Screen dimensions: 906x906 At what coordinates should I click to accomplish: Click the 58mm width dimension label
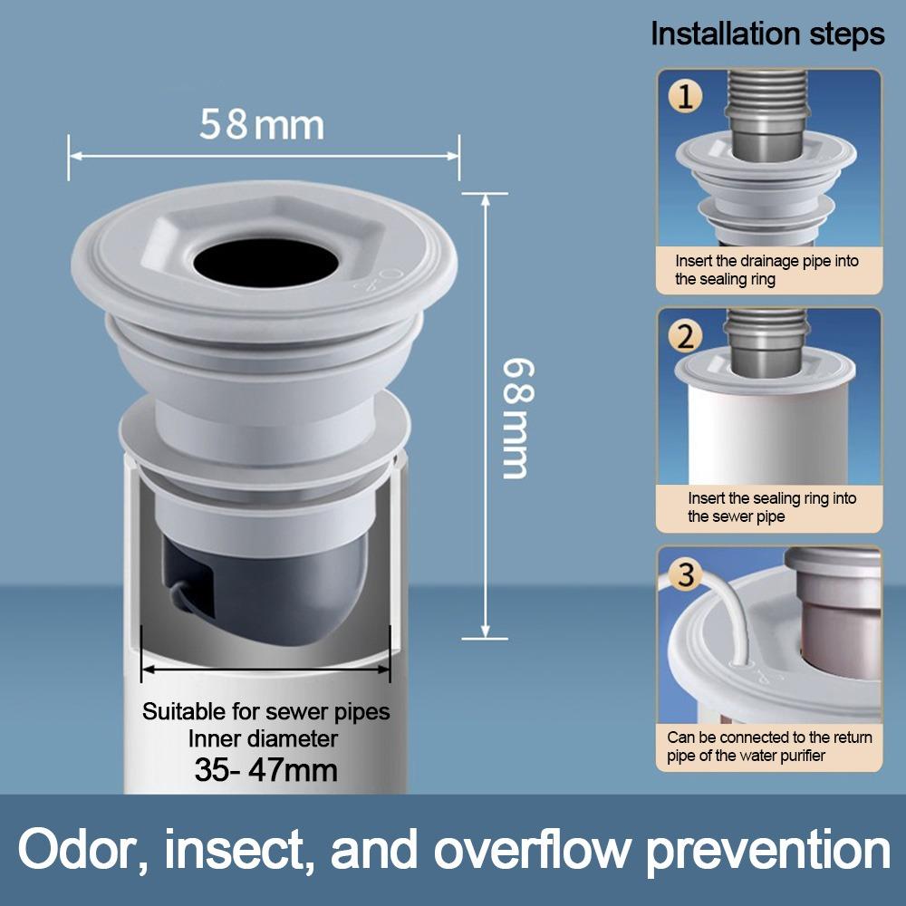point(262,125)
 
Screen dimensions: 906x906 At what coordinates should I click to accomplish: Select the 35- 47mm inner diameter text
point(265,770)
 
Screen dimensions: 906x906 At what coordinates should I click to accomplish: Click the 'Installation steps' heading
point(767,34)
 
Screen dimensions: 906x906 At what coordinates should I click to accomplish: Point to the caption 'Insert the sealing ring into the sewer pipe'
point(771,507)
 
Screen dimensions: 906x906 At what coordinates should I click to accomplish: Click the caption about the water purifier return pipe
point(769,747)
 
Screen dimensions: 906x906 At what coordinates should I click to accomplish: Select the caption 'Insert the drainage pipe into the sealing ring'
point(766,270)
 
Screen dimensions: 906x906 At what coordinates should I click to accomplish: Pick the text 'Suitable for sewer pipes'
point(265,711)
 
